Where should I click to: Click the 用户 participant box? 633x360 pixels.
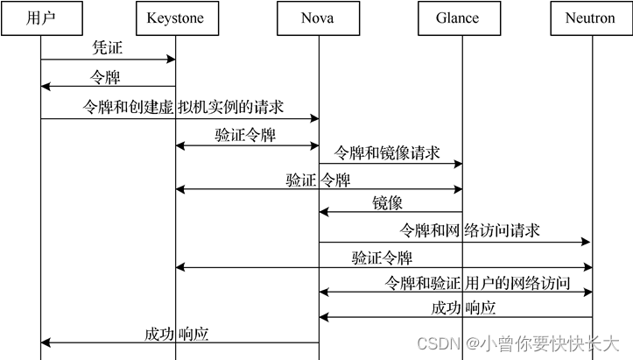pyautogui.click(x=40, y=18)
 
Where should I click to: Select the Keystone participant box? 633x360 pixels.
pyautogui.click(x=175, y=18)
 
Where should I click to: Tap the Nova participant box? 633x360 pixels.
pyautogui.click(x=318, y=18)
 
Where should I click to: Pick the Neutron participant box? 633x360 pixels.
pyautogui.click(x=591, y=18)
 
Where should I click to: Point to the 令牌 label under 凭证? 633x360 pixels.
pyautogui.click(x=107, y=77)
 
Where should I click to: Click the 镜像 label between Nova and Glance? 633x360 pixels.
pyautogui.click(x=387, y=203)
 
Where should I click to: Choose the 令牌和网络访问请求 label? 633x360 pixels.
pyautogui.click(x=469, y=231)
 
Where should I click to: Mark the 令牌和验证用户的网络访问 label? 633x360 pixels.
pyautogui.click(x=478, y=283)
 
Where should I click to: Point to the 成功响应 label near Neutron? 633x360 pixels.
pyautogui.click(x=464, y=307)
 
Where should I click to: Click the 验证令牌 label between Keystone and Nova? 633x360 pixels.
pyautogui.click(x=245, y=136)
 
